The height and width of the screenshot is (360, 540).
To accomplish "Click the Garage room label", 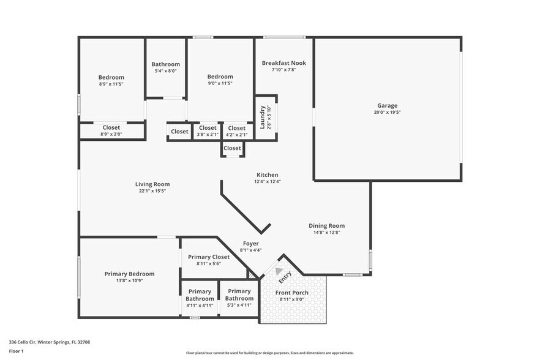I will (386, 106).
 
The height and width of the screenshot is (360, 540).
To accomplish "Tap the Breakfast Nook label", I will (283, 63).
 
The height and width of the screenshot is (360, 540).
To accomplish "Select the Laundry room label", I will (262, 118).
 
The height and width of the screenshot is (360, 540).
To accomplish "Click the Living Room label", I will (152, 184).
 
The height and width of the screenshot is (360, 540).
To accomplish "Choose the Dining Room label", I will (326, 226).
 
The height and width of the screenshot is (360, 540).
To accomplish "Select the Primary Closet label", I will (209, 257).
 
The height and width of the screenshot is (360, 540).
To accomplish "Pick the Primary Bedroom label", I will (129, 274).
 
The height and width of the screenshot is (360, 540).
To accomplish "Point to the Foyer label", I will (251, 244).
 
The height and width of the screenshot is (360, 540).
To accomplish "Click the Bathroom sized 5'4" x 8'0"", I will (166, 64).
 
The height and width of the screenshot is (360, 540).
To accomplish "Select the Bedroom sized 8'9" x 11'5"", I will (111, 77).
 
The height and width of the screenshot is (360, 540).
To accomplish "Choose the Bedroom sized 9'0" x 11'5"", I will (220, 77).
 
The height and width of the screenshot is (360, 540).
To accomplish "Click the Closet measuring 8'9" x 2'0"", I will (111, 127).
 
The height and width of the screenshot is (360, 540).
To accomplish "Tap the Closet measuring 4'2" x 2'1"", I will (237, 128).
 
